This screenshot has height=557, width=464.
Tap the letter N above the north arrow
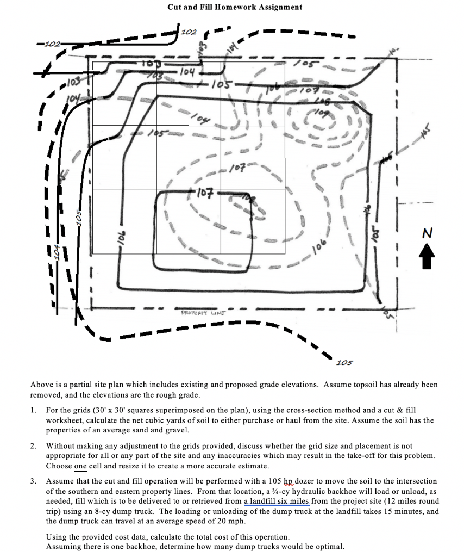[x=428, y=233]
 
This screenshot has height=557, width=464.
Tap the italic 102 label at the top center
[x=189, y=32]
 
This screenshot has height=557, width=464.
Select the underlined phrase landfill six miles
[x=277, y=501]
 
